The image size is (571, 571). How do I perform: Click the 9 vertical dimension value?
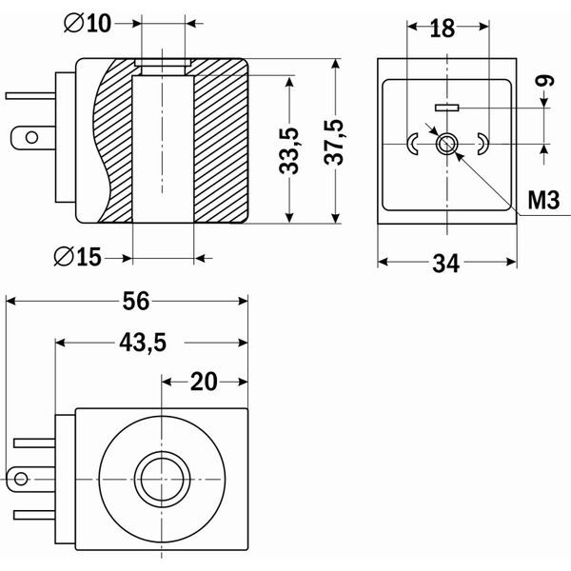click(x=544, y=85)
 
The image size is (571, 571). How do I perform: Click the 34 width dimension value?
click(x=446, y=263)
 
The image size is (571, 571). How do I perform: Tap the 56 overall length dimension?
click(x=135, y=301)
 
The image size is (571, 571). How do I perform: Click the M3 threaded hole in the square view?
click(x=446, y=145)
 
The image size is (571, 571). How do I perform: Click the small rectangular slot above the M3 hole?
click(x=446, y=108)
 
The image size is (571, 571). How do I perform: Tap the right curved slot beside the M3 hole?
click(x=482, y=144)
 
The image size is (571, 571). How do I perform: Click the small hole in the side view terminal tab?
click(x=30, y=138)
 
